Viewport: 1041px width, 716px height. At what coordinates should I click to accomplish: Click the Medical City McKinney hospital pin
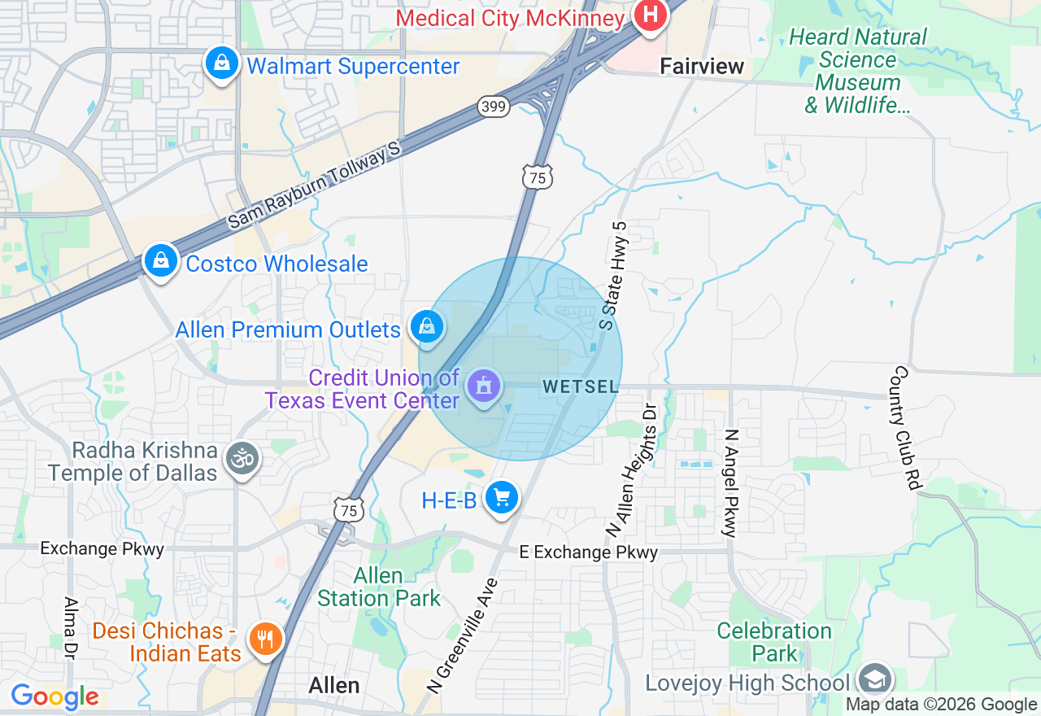[651, 15]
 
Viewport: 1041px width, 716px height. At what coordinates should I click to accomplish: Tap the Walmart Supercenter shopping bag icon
[220, 63]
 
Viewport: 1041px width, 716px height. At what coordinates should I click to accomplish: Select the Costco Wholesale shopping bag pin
[162, 261]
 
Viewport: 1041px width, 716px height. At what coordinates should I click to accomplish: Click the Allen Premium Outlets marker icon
[426, 327]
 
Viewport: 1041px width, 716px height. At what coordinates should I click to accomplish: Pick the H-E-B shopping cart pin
[501, 496]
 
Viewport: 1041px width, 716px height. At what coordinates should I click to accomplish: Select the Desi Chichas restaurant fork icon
[265, 639]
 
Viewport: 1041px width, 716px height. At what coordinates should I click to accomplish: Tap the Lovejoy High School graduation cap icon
[875, 679]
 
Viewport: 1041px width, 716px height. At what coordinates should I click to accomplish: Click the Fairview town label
[702, 66]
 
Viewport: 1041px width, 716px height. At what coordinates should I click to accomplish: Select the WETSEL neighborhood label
[581, 387]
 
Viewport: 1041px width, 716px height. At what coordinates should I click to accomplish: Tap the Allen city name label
[333, 685]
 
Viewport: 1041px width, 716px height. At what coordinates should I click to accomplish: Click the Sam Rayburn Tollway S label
[315, 185]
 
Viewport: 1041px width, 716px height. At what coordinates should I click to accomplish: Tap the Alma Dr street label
[70, 639]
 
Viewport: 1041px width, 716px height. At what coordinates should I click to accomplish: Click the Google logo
[54, 696]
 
